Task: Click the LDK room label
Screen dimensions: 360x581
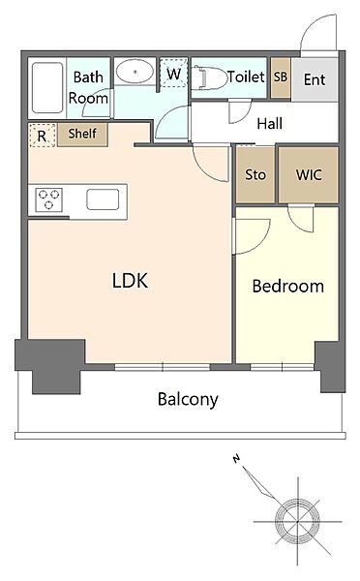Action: pyautogui.click(x=130, y=281)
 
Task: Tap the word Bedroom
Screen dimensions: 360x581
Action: pyautogui.click(x=288, y=286)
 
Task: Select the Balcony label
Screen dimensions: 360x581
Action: pyautogui.click(x=188, y=399)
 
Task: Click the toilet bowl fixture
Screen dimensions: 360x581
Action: pyautogui.click(x=209, y=77)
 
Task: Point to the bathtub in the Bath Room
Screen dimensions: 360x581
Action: pyautogui.click(x=47, y=88)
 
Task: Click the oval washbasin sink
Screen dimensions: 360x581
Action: pyautogui.click(x=135, y=72)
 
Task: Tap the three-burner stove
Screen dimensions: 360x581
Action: pyautogui.click(x=49, y=199)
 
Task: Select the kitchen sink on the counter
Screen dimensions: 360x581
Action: pyautogui.click(x=103, y=199)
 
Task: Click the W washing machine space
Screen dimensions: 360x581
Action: pyautogui.click(x=173, y=73)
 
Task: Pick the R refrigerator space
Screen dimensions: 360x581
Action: pyautogui.click(x=42, y=136)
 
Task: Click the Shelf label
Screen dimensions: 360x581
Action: pyautogui.click(x=82, y=134)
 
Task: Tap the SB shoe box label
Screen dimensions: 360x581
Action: pyautogui.click(x=281, y=76)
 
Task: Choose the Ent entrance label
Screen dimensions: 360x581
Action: pyautogui.click(x=315, y=79)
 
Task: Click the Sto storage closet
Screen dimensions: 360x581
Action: pyautogui.click(x=255, y=175)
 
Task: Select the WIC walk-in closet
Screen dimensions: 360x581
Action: pyautogui.click(x=309, y=175)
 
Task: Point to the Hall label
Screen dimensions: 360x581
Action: pyautogui.click(x=270, y=123)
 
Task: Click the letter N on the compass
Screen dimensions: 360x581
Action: pyautogui.click(x=236, y=459)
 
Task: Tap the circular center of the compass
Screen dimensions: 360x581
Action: pyautogui.click(x=297, y=522)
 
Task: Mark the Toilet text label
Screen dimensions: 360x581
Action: pyautogui.click(x=246, y=76)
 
